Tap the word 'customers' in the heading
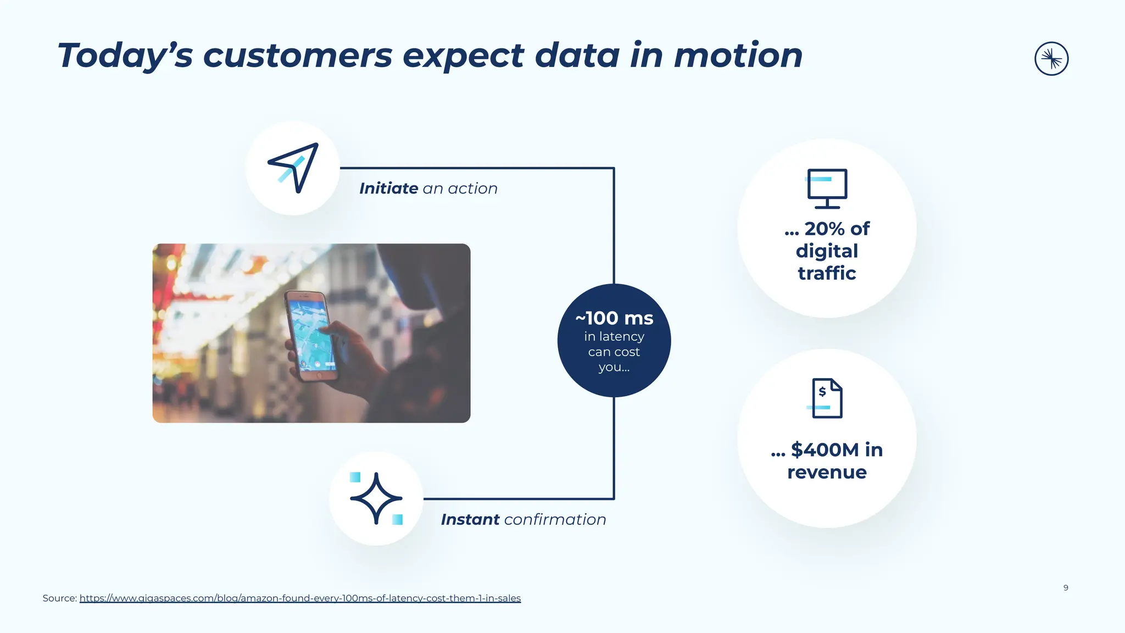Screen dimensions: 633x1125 pos(298,55)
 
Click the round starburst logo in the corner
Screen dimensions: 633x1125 pos(1051,59)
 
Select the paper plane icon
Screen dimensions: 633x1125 pos(294,168)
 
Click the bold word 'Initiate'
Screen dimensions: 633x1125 pos(388,188)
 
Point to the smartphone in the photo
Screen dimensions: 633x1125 pos(310,336)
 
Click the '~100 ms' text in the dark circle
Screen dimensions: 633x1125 pos(614,318)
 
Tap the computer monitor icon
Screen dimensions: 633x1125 pos(827,188)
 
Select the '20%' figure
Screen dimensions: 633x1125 pos(826,229)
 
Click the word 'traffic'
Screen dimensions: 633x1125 pos(827,273)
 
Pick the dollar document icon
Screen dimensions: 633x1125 pos(826,398)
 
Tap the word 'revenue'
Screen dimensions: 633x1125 pos(827,472)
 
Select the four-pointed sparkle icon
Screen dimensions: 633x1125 pos(376,498)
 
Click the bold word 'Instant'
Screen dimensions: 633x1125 pos(470,519)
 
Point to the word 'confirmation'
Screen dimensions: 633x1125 pos(555,519)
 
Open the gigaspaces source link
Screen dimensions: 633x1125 pos(300,598)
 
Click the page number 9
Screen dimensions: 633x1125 pos(1066,587)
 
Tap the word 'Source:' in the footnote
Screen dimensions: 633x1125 pos(59,598)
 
